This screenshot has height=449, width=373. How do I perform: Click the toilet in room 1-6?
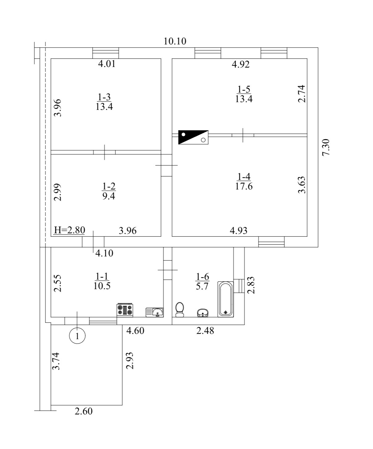(x=179, y=310)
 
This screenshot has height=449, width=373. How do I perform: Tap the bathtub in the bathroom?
(x=225, y=299)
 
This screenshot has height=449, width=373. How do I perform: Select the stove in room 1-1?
(x=125, y=310)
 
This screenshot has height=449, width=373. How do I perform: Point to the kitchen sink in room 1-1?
(x=154, y=312)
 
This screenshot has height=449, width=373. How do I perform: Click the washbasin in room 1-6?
(x=203, y=313)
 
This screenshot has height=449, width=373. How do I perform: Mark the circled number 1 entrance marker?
(x=77, y=336)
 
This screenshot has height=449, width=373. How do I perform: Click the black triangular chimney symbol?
(x=193, y=137)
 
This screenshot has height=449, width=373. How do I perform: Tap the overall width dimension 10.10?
(x=175, y=41)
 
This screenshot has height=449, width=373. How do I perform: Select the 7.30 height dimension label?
(x=326, y=148)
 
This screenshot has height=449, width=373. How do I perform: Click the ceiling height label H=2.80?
(x=69, y=230)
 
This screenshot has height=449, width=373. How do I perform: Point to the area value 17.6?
(x=244, y=186)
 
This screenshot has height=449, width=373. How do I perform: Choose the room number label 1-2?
(x=109, y=186)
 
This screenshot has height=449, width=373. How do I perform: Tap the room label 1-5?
(x=244, y=89)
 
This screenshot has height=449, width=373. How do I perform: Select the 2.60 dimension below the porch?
(x=83, y=411)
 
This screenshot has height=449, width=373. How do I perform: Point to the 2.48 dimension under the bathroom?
(x=205, y=331)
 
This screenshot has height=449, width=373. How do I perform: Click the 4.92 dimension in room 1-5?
(x=241, y=64)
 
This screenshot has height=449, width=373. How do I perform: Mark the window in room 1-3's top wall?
(x=106, y=53)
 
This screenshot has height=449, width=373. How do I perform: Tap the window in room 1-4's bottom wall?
(x=271, y=242)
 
